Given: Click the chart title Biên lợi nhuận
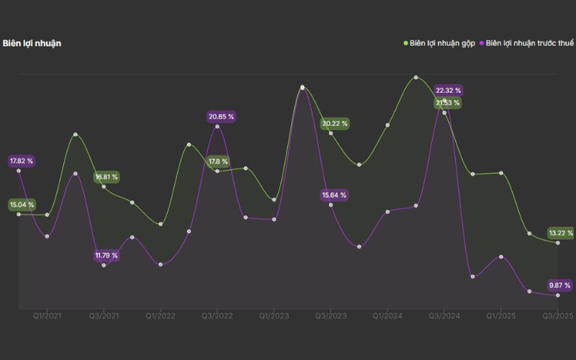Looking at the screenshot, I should (x=32, y=43).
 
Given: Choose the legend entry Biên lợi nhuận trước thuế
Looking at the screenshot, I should (x=528, y=43).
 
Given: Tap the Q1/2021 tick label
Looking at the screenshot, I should (x=47, y=316).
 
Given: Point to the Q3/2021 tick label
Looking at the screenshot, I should (x=104, y=316).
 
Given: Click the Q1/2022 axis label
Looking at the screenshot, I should (x=161, y=316).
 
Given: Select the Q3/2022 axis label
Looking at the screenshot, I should (x=217, y=316).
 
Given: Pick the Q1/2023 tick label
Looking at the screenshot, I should (x=274, y=316).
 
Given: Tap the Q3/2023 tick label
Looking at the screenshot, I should (x=330, y=316).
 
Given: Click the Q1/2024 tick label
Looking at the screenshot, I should (x=387, y=316).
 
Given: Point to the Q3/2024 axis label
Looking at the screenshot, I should (x=444, y=316).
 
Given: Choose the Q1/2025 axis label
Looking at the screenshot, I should (x=501, y=316).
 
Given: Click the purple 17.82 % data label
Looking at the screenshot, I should (x=22, y=161).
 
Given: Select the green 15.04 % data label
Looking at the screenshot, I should (x=22, y=205).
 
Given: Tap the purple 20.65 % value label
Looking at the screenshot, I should (x=221, y=117).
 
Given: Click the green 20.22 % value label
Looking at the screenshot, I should (x=335, y=124).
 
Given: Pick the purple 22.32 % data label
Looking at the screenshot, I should (x=449, y=91).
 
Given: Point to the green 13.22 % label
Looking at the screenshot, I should (x=561, y=233).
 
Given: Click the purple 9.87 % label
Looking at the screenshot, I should (x=561, y=284).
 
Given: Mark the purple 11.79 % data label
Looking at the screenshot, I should (x=107, y=256).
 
